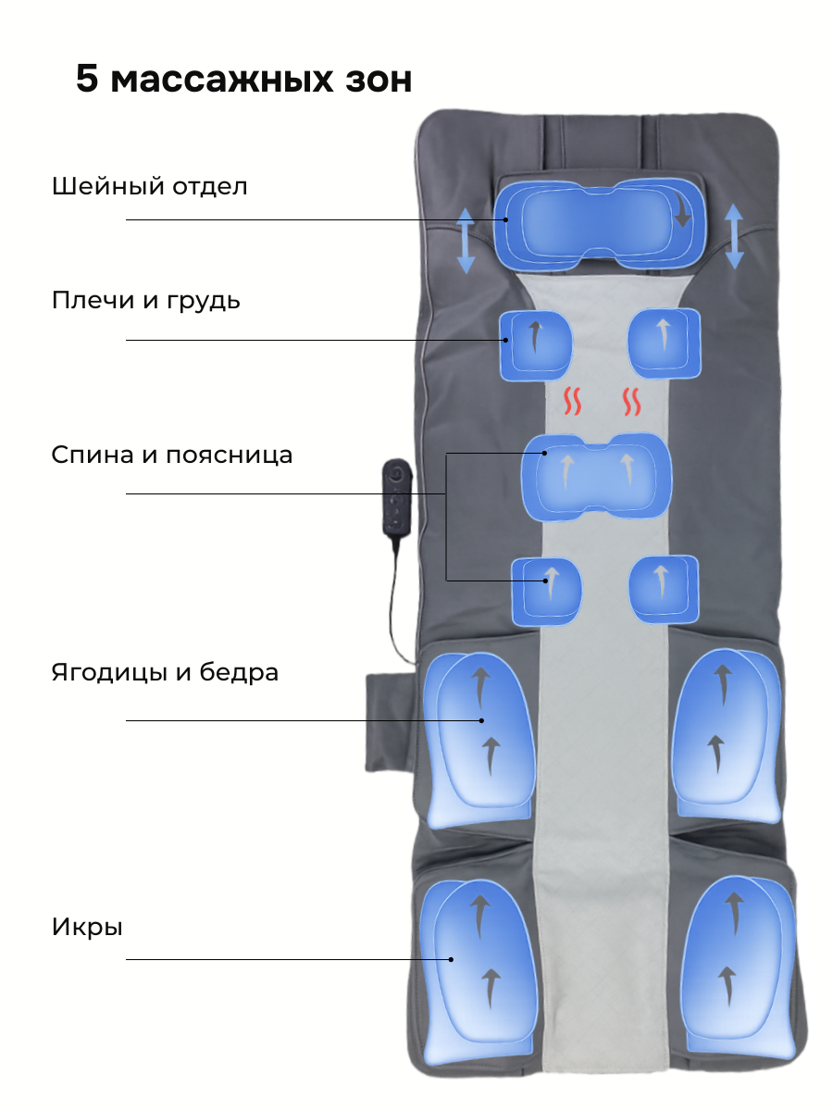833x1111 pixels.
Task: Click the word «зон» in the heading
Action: coord(374,81)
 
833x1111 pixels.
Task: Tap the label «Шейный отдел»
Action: coord(150,186)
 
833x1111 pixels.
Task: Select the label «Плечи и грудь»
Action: coord(146,301)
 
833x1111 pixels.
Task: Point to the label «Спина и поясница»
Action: coord(172,456)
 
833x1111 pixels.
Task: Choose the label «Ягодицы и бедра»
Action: coord(165,672)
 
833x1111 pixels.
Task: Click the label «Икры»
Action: coord(87,927)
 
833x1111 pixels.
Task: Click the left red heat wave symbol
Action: coord(573,402)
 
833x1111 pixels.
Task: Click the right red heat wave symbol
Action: coord(632,402)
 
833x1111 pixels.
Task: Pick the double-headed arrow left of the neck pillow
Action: coord(466,240)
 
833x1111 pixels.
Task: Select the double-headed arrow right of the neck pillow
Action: coord(734,236)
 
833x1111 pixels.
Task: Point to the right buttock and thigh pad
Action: coord(724,736)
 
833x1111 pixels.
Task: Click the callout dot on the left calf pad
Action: coord(452,959)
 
